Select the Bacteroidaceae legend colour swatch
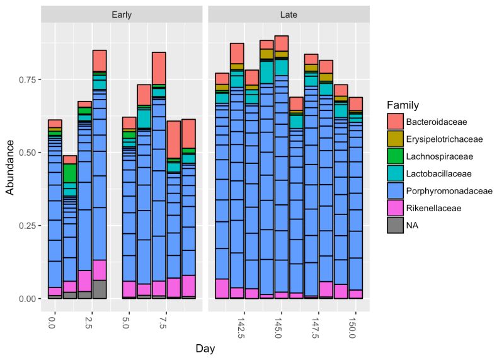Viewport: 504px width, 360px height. tap(396, 120)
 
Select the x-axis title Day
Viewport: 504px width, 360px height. tap(205, 347)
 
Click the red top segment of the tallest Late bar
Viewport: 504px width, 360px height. tap(282, 44)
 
